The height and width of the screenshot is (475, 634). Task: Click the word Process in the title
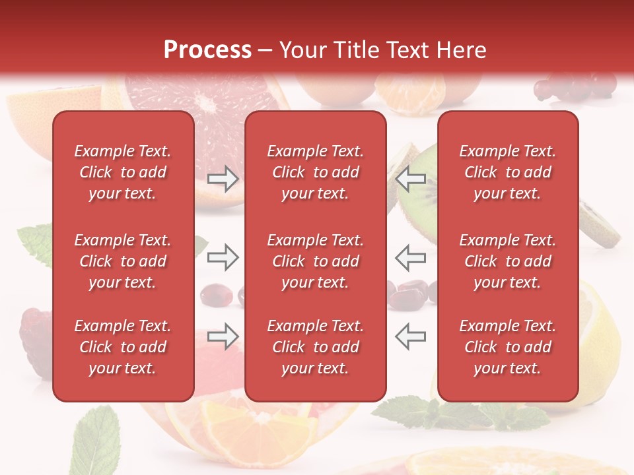[207, 50]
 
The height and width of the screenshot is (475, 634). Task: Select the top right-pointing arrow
[223, 179]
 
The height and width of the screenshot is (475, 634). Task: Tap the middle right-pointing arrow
[223, 257]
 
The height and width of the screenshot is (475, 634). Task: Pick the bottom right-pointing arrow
[223, 336]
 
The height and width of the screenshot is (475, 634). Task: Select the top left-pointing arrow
[410, 179]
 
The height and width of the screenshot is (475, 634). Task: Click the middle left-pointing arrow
[410, 257]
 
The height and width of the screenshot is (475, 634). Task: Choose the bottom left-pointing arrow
[410, 336]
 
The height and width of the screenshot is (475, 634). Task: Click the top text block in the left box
[123, 172]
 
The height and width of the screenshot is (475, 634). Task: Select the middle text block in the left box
[123, 261]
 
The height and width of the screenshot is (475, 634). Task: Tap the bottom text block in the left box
[123, 347]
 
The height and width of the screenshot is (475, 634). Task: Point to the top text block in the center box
[316, 172]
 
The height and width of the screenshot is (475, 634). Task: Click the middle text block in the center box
[316, 261]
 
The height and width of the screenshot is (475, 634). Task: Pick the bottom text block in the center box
[316, 347]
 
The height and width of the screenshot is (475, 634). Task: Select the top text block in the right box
[508, 172]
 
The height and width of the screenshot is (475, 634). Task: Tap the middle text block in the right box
[508, 261]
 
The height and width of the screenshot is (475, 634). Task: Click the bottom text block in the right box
[508, 347]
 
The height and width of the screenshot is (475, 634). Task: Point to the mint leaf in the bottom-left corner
[96, 439]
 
